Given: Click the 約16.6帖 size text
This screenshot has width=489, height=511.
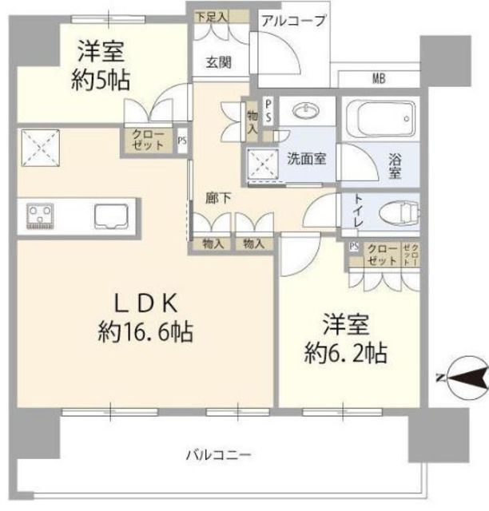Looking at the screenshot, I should coord(148,331).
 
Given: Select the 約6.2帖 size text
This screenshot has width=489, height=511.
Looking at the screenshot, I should coord(345,352).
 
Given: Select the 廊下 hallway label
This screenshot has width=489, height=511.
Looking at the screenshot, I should coord(217,199).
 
